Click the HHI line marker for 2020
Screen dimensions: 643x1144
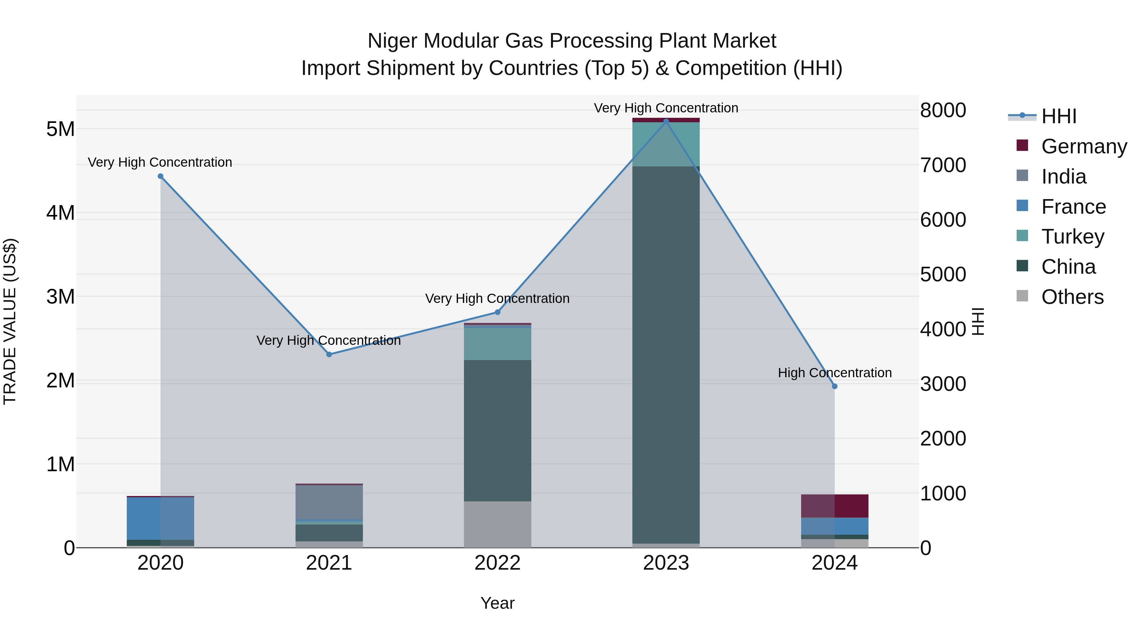161,176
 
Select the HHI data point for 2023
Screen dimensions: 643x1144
666,121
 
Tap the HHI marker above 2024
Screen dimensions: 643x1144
834,386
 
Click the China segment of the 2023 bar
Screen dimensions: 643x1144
666,355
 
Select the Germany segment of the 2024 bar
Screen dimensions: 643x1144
834,506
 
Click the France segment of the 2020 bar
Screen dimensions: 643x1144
160,518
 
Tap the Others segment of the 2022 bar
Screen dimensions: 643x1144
497,525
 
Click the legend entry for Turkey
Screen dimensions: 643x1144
1072,237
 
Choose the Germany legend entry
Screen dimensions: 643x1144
1083,146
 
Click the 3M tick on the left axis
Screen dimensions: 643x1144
60,297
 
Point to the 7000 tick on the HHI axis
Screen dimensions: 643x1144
943,165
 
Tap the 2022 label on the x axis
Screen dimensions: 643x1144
497,563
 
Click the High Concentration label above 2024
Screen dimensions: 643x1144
834,373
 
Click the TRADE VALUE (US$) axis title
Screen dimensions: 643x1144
10,321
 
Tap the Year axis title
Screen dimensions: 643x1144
497,603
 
